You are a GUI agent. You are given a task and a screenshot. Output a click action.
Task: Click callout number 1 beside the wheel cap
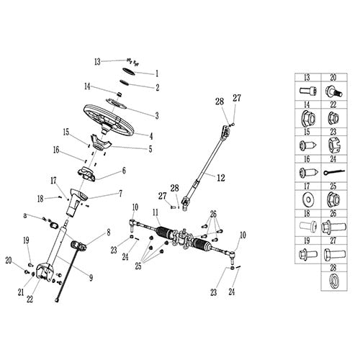point(158,73)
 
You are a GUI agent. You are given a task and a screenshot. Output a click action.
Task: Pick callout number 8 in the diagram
point(109,233)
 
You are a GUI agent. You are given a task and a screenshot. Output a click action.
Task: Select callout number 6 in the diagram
point(123,171)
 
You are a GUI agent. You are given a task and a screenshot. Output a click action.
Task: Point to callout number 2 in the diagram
point(158,87)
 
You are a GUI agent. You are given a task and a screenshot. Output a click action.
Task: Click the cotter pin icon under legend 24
point(333,172)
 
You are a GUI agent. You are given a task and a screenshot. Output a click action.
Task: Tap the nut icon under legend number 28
point(333,279)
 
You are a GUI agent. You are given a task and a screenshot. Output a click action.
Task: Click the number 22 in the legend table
point(333,104)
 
